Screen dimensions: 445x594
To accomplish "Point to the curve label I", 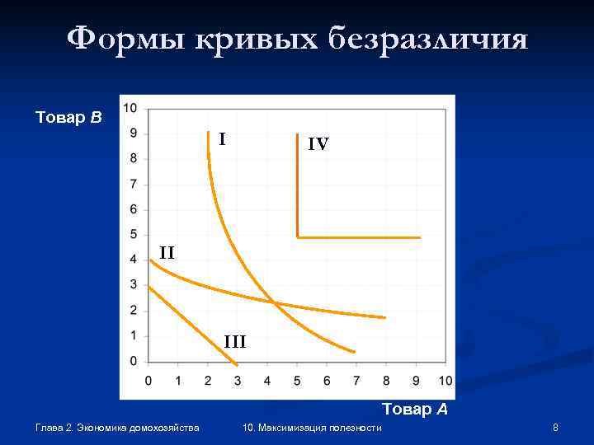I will (223, 139).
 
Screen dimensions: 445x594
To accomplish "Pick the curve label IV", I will (318, 144).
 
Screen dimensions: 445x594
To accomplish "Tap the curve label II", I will (167, 252).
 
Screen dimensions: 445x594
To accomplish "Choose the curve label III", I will (235, 340).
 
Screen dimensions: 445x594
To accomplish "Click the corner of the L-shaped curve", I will (297, 237).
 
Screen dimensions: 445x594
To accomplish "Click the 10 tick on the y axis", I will (130, 108).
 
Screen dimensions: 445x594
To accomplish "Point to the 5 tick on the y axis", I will (134, 235).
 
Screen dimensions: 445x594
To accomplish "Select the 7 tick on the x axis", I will (356, 381).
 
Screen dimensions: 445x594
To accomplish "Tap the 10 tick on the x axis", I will (445, 381).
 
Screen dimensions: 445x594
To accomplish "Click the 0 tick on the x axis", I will (148, 381).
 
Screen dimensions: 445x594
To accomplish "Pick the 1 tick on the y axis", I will (134, 336).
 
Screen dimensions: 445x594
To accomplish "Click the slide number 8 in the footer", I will (556, 428).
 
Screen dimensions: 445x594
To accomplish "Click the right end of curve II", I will (384, 317).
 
